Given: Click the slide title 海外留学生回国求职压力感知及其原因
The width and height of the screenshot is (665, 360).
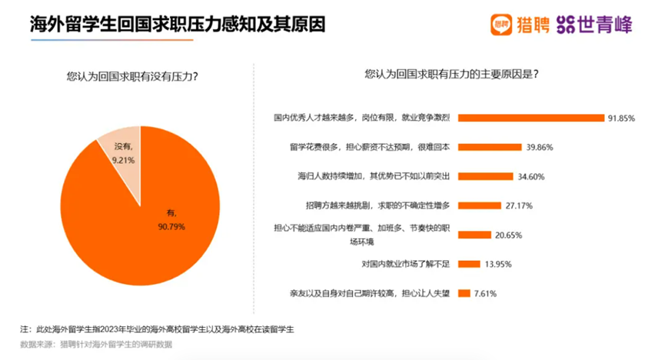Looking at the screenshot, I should pyautogui.click(x=177, y=24).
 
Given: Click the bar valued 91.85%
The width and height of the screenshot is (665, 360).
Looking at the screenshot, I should pyautogui.click(x=533, y=118).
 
